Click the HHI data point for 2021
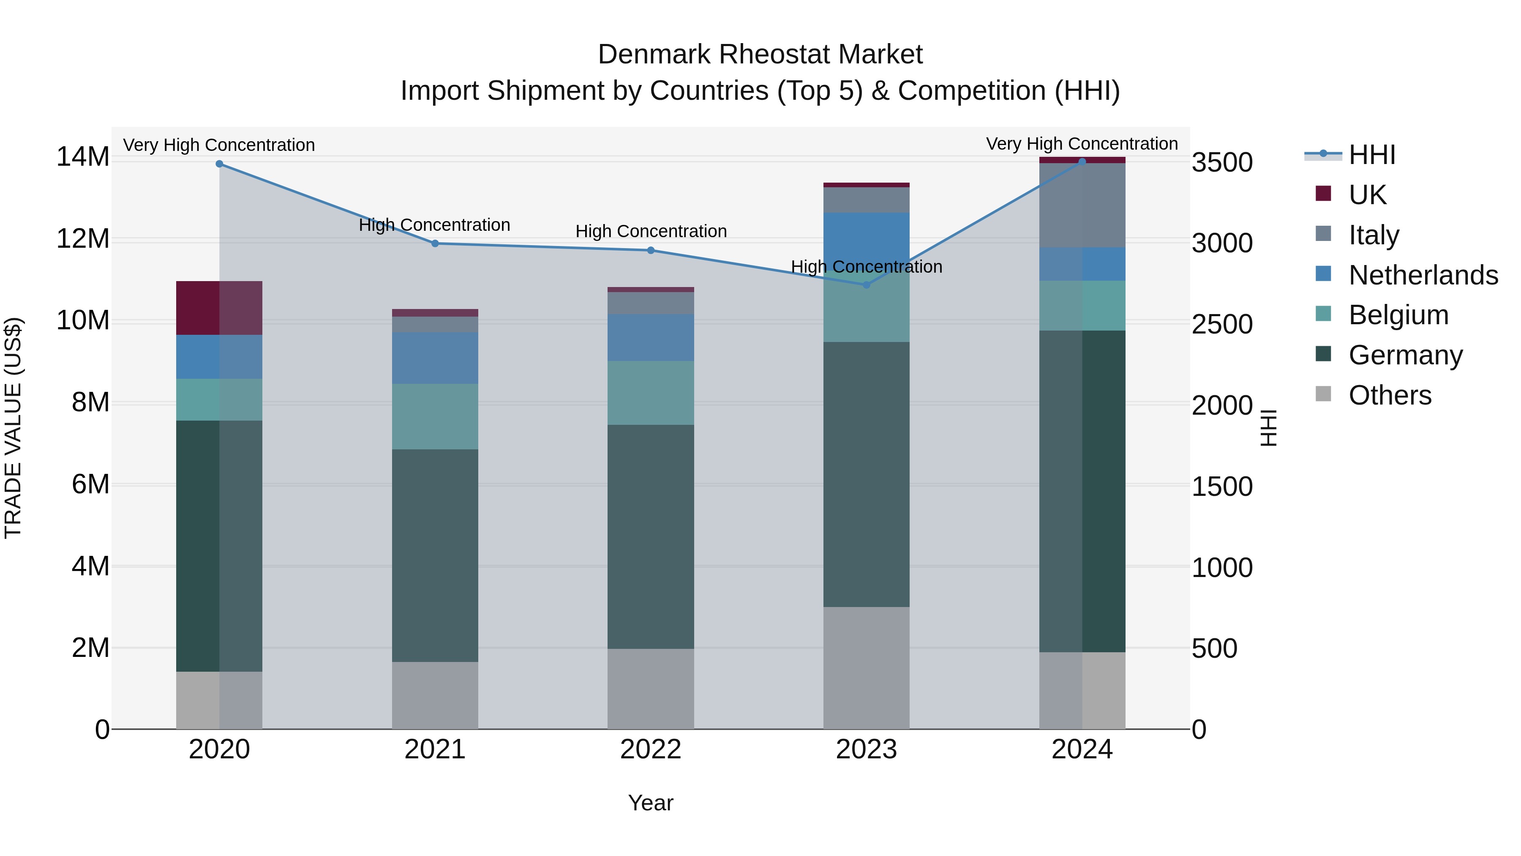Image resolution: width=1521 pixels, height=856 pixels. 435,243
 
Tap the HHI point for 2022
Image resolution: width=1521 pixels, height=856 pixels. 651,251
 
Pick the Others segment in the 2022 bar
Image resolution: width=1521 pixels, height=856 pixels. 651,689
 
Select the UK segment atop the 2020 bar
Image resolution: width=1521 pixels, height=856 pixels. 219,308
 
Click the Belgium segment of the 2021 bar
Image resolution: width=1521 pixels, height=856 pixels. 435,416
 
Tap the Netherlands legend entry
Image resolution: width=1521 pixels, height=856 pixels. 1423,275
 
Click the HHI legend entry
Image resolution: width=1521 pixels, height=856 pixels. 1371,155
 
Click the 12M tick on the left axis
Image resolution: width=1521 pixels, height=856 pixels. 83,239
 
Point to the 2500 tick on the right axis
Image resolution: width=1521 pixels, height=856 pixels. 1221,324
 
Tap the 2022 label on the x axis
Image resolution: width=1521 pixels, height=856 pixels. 651,749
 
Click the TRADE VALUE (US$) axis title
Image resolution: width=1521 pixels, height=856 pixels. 13,428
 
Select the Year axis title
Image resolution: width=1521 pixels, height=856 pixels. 651,803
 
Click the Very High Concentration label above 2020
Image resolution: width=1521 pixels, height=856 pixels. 219,145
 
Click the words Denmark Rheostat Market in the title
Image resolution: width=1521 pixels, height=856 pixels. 760,55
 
